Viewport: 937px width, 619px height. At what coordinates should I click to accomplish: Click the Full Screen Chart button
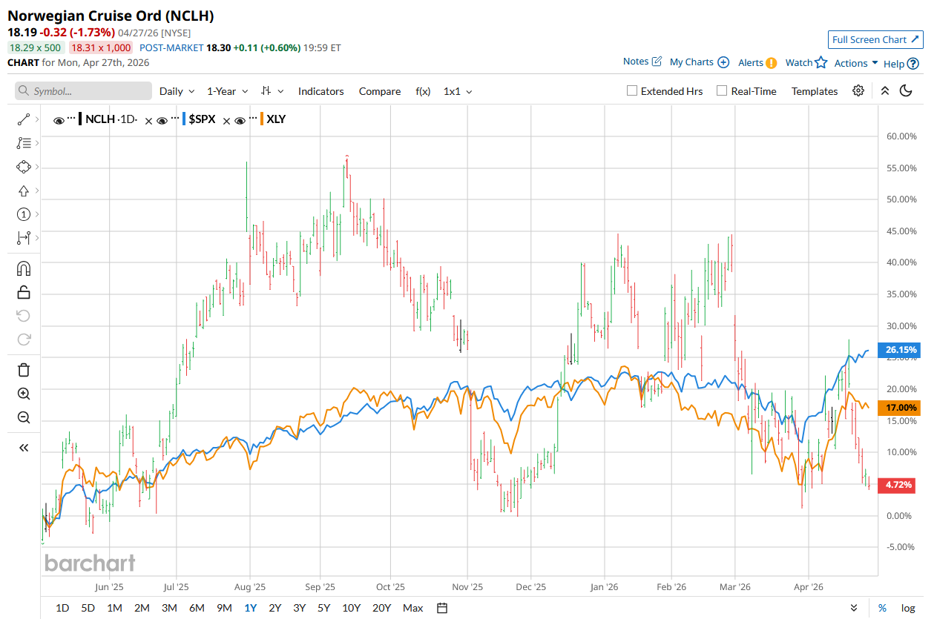[875, 39]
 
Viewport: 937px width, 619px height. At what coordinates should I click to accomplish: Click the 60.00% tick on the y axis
[901, 136]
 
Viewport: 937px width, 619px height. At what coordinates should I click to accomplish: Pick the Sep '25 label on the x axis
[319, 586]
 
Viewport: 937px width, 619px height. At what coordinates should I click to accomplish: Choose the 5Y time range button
[323, 608]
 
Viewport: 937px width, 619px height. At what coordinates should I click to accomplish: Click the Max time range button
[412, 608]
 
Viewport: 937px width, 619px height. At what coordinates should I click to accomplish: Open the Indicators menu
[320, 91]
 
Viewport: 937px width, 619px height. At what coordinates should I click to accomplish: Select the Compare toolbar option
[379, 91]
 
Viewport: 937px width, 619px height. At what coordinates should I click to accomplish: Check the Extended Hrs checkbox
[632, 91]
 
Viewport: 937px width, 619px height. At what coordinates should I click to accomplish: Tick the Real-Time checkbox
[722, 91]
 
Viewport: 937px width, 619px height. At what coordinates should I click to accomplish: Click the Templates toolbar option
[814, 91]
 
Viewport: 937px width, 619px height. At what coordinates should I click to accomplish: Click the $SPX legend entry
[201, 119]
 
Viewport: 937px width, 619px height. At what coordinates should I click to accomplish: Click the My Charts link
[698, 63]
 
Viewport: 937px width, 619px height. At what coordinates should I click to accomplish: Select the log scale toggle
[908, 608]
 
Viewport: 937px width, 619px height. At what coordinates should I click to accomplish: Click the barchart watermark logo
[90, 563]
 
